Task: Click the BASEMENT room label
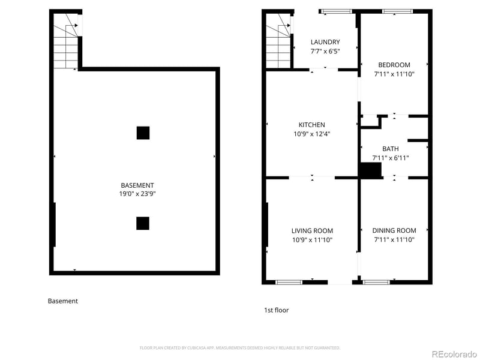point(137,185)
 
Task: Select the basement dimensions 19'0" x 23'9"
point(137,194)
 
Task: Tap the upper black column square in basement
point(143,133)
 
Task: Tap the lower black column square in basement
point(142,223)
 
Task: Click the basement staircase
point(67,41)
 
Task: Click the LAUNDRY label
point(325,42)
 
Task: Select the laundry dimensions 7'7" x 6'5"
point(325,52)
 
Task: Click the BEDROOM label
point(394,65)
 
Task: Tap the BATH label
point(391,149)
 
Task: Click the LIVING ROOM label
point(312,230)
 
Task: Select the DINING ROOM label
point(394,230)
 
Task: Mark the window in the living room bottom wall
point(289,281)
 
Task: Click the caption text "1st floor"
point(277,310)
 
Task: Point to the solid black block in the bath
point(370,170)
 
